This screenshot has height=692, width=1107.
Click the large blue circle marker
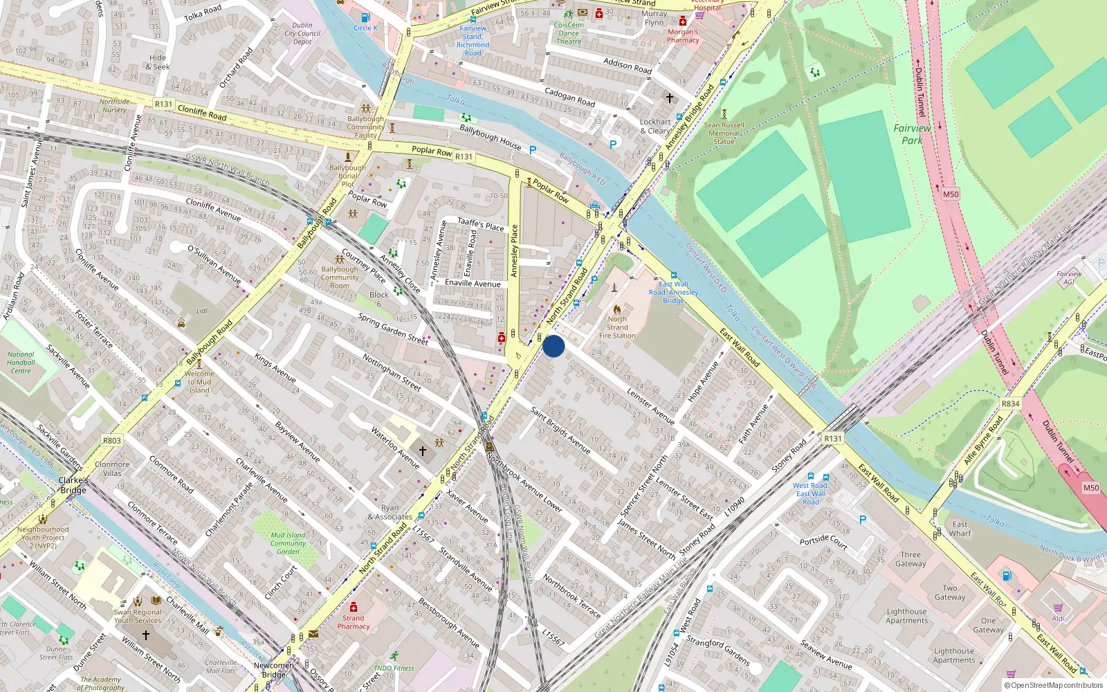point(553,346)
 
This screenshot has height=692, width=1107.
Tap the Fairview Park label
point(912,134)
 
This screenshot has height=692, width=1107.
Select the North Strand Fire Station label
point(617,327)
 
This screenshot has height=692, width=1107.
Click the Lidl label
point(201,311)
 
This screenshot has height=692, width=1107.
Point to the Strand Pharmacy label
point(353,622)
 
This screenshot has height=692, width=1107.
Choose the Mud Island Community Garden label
point(288,543)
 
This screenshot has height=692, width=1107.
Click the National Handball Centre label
point(21,362)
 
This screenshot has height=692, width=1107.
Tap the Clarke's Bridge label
point(73,485)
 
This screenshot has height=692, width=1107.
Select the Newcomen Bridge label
point(273,670)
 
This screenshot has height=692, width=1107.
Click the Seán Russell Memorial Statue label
point(724,133)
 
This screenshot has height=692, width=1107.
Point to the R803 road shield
point(111,440)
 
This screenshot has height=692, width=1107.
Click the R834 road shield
point(1010,403)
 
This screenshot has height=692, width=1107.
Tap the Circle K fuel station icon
point(365,18)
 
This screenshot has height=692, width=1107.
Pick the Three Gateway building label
point(911,559)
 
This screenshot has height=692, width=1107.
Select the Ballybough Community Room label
point(340,277)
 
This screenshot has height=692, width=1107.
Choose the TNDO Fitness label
point(394,668)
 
